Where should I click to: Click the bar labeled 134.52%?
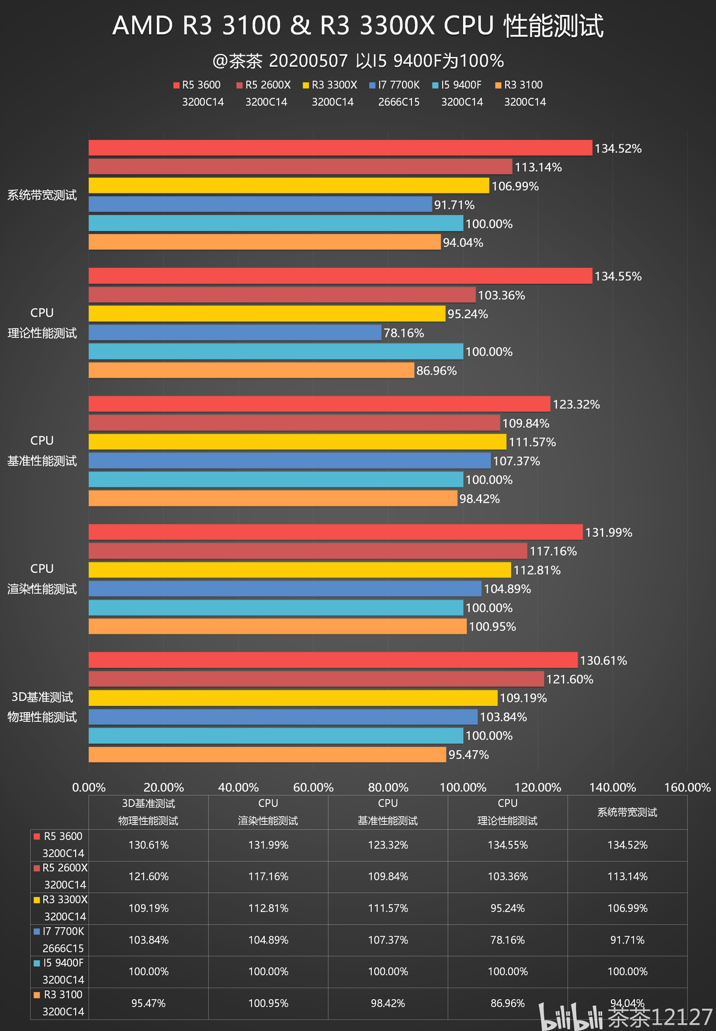340,148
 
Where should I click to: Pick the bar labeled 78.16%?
235,333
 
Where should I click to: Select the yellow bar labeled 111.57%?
297,442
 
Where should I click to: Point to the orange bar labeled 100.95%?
278,626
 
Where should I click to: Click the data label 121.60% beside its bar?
569,679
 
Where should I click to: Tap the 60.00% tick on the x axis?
313,787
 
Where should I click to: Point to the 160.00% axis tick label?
687,787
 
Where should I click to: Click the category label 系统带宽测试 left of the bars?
42,195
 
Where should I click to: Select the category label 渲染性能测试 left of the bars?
42,589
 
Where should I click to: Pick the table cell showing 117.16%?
268,877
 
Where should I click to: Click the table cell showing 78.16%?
508,940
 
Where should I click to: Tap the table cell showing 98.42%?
387,1003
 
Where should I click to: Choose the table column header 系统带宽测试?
627,812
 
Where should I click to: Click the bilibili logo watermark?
570,1017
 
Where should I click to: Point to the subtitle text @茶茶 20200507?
280,61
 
